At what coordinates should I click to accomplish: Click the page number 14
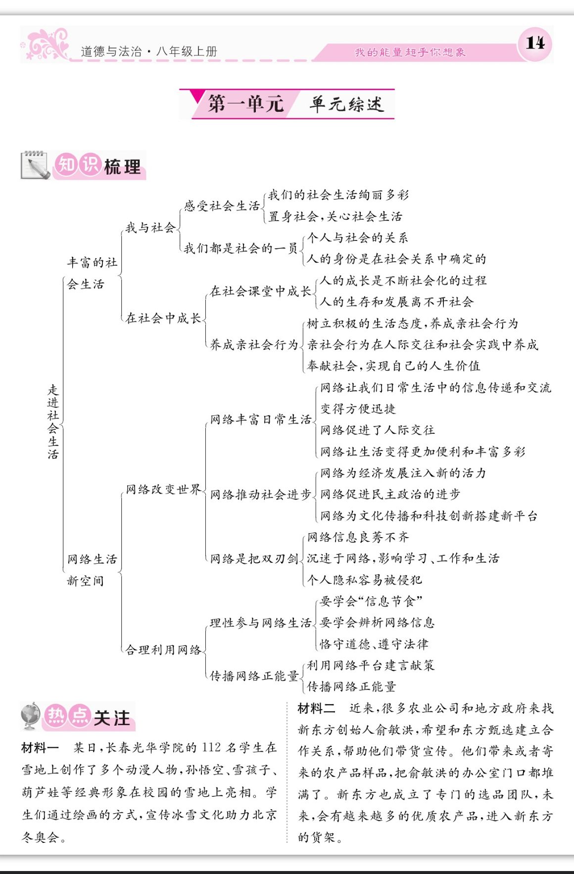coord(535,43)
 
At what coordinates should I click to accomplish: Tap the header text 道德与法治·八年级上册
coord(148,51)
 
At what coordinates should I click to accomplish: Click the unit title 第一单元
coord(245,104)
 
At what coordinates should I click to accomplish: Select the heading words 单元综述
coord(346,104)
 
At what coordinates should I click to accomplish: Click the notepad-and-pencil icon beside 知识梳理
coord(35,165)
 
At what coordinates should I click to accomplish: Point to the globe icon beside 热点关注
coord(31,716)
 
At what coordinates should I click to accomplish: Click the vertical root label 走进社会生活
coord(53,422)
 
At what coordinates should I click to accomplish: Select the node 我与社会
coord(150,228)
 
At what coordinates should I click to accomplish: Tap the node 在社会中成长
coord(163,318)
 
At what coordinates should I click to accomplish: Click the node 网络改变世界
coord(163,490)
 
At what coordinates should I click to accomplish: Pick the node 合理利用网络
coord(163,649)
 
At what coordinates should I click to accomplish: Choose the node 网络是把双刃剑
coord(254,559)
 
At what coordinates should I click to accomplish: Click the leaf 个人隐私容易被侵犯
coord(364,580)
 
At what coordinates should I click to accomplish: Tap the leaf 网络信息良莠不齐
coord(358,537)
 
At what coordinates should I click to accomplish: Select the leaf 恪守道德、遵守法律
coord(374,644)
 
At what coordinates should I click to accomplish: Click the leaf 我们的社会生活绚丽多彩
coord(338,195)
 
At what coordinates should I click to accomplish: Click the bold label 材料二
coord(316,708)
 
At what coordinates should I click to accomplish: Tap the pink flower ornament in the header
coord(47,44)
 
